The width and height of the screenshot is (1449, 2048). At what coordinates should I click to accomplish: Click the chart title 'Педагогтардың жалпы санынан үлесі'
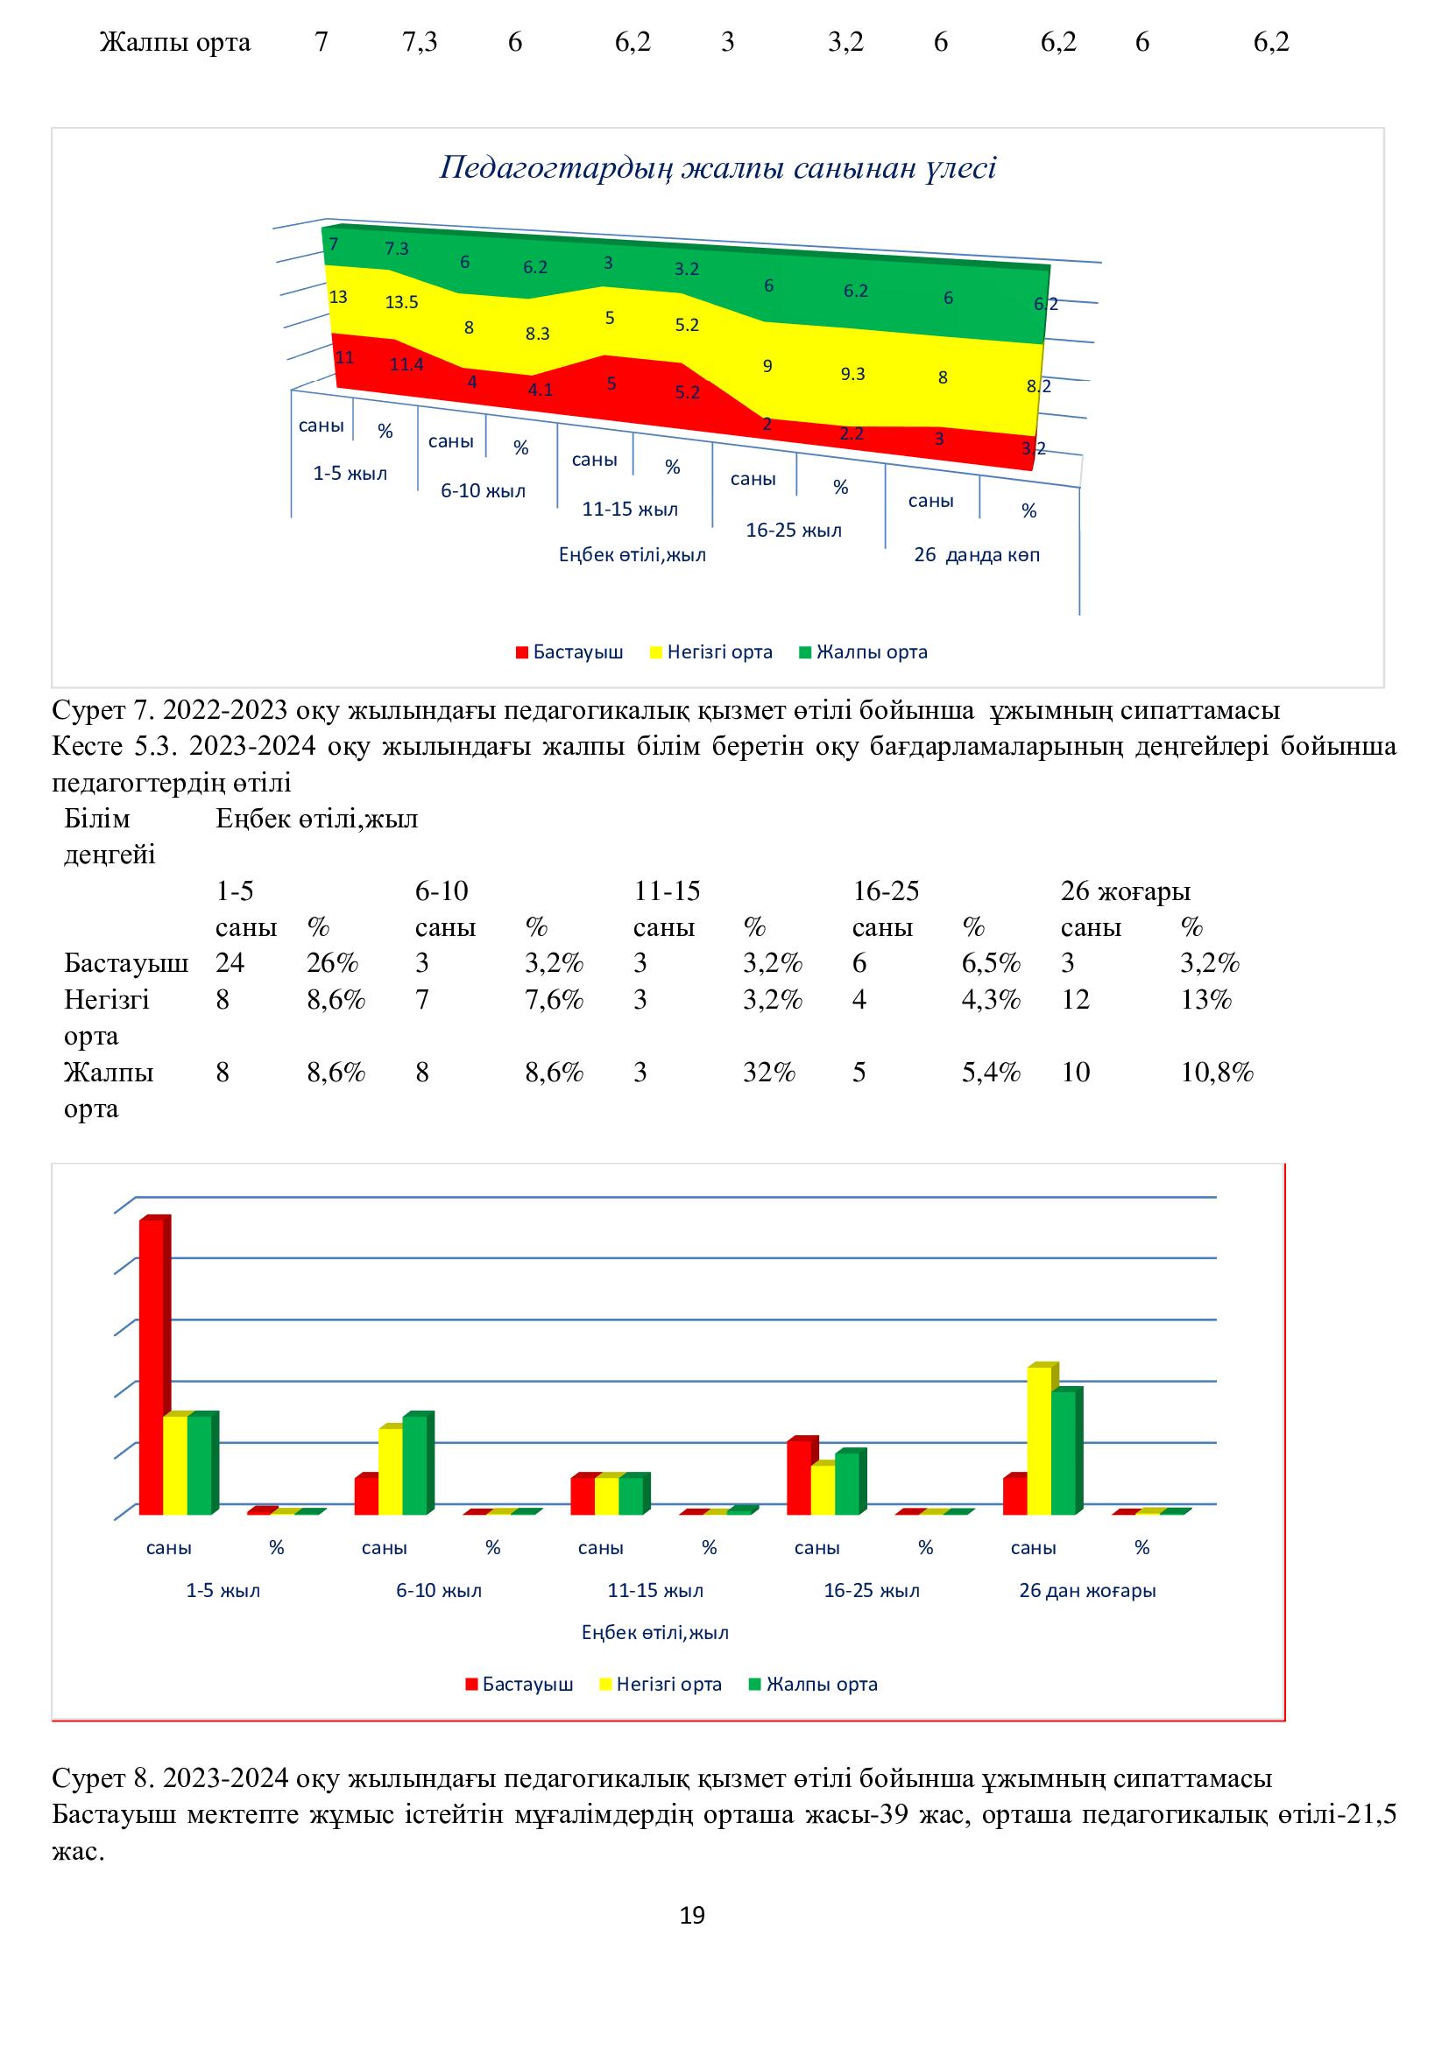(x=717, y=169)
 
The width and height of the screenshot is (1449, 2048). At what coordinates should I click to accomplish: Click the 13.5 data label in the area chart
(x=401, y=302)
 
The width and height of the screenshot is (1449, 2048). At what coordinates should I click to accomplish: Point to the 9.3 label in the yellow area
(x=853, y=374)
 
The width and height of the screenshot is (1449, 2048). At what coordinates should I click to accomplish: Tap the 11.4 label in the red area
(x=406, y=364)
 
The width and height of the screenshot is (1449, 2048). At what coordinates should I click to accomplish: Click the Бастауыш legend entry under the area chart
(x=569, y=652)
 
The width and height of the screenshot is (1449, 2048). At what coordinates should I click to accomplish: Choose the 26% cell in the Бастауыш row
(x=332, y=963)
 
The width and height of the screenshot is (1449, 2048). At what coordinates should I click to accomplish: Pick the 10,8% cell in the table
(x=1217, y=1073)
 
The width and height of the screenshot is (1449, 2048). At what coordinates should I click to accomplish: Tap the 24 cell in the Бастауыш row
(x=230, y=963)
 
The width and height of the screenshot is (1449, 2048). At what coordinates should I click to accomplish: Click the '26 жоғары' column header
(x=1125, y=891)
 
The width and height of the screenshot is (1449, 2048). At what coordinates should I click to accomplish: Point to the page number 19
(x=692, y=1916)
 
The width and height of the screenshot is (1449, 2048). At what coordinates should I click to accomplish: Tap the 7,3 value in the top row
(x=420, y=42)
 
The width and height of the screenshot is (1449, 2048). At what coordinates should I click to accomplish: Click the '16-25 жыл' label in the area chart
(x=793, y=531)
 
